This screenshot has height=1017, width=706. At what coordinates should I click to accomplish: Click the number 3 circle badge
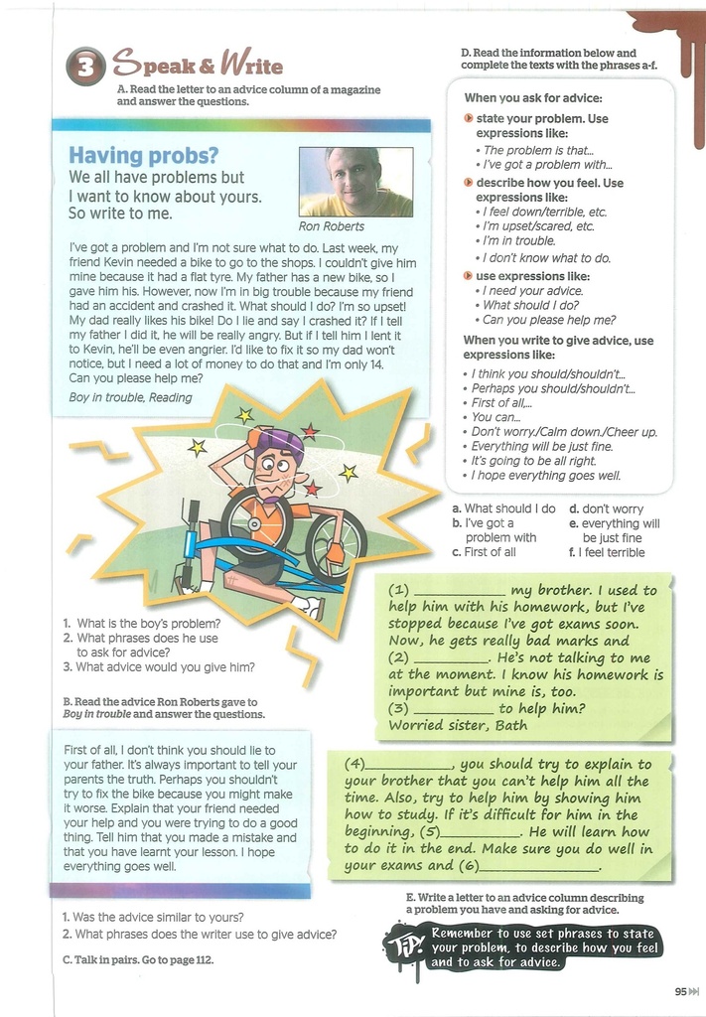coord(85,68)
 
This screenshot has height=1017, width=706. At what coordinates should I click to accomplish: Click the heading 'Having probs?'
coord(143,156)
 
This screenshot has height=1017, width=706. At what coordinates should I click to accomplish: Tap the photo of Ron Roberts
coord(355,182)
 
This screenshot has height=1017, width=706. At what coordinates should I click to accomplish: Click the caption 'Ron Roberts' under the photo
coord(332,226)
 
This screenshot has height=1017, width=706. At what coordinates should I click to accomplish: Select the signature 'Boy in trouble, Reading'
coord(130,397)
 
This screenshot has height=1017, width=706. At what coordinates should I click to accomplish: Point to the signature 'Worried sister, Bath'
coord(458,725)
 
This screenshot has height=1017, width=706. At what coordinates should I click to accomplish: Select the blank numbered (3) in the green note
coord(453,709)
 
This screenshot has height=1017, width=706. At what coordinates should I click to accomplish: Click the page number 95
coord(680,990)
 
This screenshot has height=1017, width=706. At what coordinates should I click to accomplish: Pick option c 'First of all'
coord(491,552)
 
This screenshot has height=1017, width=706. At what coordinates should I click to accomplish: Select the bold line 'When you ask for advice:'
coord(533,98)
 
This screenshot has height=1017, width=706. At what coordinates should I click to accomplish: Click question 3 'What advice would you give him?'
coord(165,667)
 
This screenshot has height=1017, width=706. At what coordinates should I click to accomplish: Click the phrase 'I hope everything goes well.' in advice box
coord(546,476)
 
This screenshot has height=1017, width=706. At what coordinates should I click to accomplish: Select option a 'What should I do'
coord(509,508)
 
